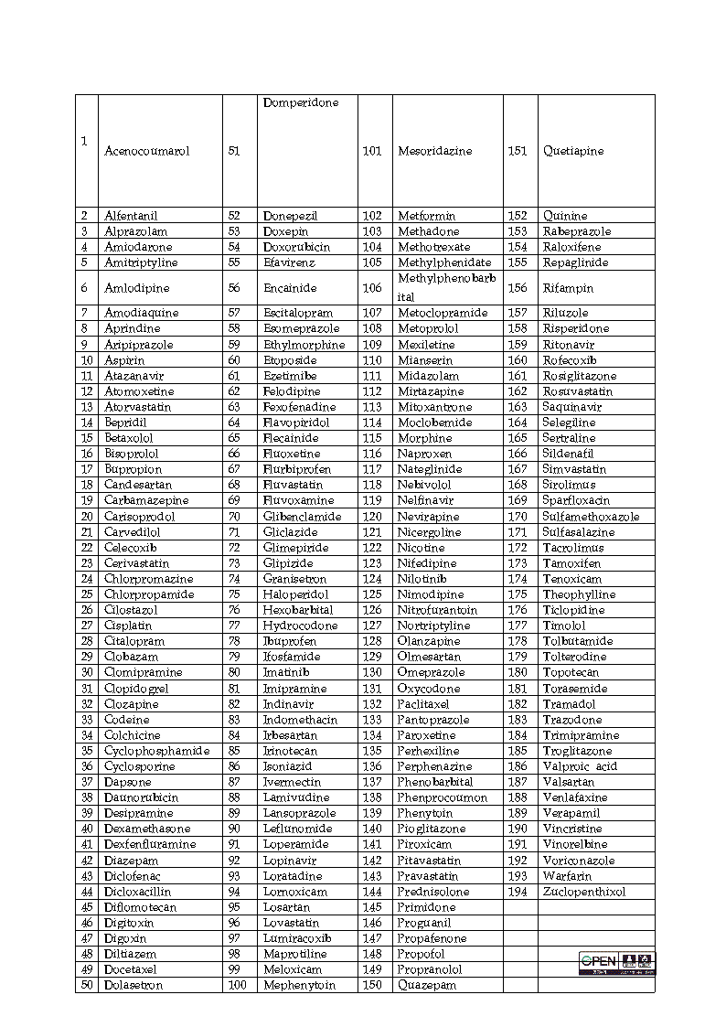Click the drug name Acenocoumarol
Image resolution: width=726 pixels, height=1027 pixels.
click(147, 152)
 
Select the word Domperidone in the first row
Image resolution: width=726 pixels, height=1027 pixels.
click(301, 103)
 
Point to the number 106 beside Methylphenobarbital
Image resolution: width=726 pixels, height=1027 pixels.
click(372, 288)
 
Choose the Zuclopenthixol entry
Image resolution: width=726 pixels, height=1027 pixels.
click(584, 892)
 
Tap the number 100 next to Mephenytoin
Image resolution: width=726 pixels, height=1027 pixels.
click(237, 985)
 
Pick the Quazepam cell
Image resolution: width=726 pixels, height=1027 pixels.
click(427, 985)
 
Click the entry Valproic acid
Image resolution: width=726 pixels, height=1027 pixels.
click(580, 766)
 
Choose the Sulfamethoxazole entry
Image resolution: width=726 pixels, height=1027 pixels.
click(591, 517)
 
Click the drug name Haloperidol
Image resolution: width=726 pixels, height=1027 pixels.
click(295, 594)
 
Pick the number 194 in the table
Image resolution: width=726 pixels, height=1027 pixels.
click(518, 892)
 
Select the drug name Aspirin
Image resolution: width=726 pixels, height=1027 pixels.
click(124, 360)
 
